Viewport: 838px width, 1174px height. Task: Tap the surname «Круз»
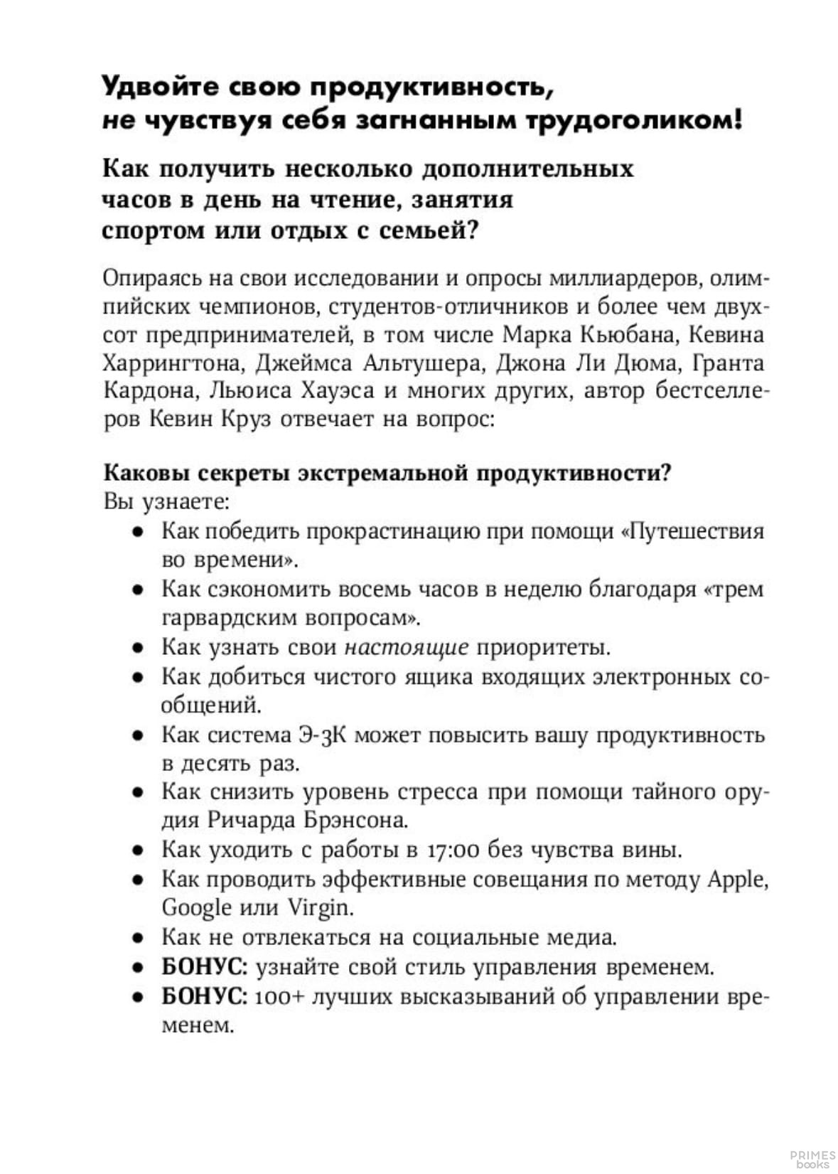pos(246,420)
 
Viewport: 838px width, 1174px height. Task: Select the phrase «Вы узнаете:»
pos(166,501)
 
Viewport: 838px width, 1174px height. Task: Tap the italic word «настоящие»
pos(407,647)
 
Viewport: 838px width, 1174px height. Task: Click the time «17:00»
pos(456,850)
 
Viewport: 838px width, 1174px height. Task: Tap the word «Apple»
pos(738,879)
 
